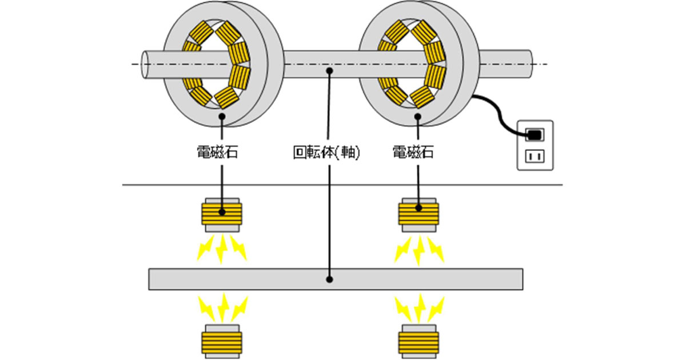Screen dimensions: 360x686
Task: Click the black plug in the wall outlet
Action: [533, 135]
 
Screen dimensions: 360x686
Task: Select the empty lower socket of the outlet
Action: [535, 155]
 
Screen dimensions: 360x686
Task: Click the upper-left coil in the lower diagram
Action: [222, 215]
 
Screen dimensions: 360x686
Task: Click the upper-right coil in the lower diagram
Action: [419, 215]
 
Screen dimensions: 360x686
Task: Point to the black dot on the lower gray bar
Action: [329, 279]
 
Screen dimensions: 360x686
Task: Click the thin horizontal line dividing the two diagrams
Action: [343, 185]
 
